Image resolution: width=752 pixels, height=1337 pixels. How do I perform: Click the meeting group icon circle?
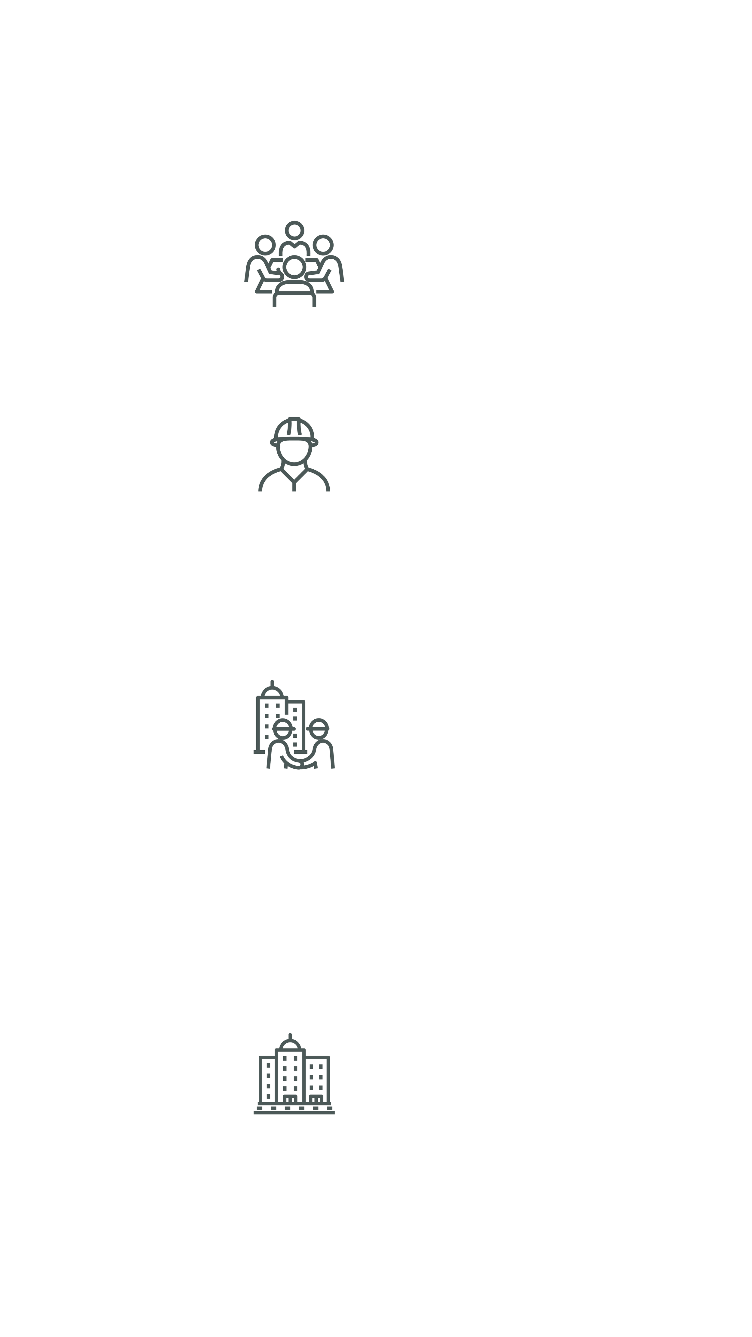coord(294,264)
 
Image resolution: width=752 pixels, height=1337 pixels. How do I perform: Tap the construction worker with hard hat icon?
coord(294,457)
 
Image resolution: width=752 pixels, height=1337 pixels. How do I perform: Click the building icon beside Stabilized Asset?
coord(294,1079)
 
